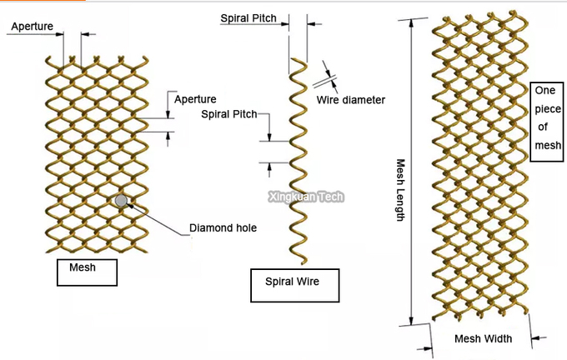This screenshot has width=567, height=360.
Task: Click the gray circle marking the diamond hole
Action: (x=121, y=201)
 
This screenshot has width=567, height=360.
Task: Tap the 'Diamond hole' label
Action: (x=223, y=228)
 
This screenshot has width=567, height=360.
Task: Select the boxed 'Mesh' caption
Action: (x=87, y=272)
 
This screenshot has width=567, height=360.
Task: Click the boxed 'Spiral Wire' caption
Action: (x=294, y=285)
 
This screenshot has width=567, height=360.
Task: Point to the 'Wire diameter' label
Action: (x=351, y=100)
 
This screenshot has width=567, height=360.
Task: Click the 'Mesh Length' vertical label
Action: (x=400, y=190)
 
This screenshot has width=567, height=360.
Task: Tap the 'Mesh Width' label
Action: (x=483, y=338)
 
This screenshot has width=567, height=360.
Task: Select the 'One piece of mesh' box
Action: (x=547, y=122)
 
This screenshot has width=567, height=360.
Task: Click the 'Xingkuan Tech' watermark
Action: (x=306, y=197)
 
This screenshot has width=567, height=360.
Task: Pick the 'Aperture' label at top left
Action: (x=33, y=27)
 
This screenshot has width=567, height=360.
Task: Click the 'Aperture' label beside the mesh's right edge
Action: (x=195, y=99)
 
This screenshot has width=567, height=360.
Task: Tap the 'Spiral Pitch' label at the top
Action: (x=248, y=18)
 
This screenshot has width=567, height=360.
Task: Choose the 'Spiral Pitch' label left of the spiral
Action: (x=229, y=114)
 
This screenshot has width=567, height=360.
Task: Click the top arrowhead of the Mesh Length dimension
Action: (x=411, y=22)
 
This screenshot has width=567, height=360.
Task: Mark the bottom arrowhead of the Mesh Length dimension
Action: (x=411, y=321)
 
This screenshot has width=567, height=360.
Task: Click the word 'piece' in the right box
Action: (x=548, y=109)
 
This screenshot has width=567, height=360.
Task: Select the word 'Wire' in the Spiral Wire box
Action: (x=308, y=282)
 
